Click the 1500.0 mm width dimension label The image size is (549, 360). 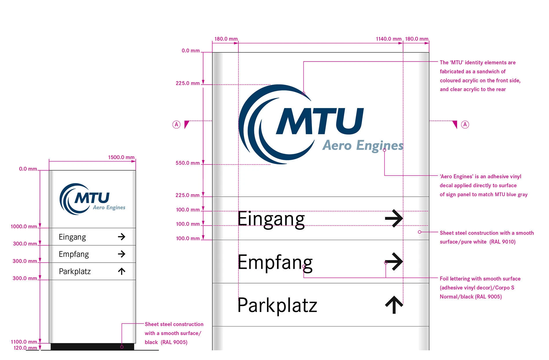(x=121, y=157)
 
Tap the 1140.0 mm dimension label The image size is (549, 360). (x=388, y=39)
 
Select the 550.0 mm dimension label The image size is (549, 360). (x=188, y=163)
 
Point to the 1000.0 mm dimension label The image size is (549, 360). (x=24, y=227)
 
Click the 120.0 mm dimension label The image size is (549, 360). (x=25, y=348)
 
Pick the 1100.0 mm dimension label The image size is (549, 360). (x=24, y=342)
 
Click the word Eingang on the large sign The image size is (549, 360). (x=271, y=219)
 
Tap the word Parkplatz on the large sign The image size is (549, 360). (x=277, y=305)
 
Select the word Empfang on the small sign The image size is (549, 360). (x=74, y=254)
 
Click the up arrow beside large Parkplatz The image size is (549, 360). (x=394, y=305)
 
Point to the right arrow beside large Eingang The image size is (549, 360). (x=394, y=218)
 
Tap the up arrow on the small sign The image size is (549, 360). (x=122, y=271)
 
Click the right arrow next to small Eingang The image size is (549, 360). (x=122, y=237)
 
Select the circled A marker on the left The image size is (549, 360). (x=176, y=125)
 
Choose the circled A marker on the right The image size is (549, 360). (x=465, y=125)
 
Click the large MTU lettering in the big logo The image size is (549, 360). (x=320, y=121)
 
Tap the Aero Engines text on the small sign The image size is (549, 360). (x=109, y=207)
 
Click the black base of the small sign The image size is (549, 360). (x=92, y=347)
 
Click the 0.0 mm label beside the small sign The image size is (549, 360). (x=28, y=169)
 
